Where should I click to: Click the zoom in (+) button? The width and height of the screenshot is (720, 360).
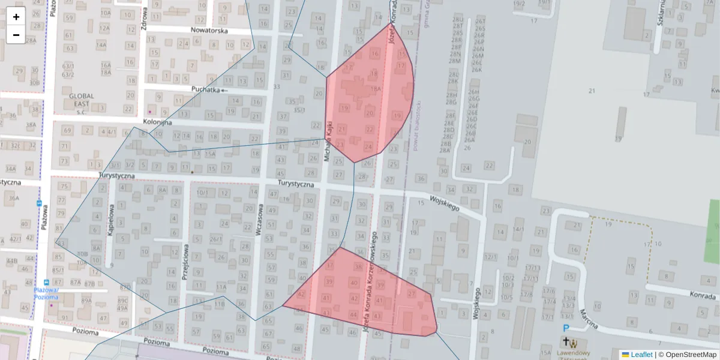(16, 17)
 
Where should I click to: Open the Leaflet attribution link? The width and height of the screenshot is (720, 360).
(641, 355)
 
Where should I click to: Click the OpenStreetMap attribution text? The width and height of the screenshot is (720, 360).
(690, 355)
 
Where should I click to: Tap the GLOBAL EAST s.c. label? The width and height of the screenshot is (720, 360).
(82, 100)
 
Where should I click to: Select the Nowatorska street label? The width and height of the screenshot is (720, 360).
(209, 30)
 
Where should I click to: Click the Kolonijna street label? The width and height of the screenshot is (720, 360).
(157, 122)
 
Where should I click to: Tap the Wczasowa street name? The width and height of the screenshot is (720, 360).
(260, 221)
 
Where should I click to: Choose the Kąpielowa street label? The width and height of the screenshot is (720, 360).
(110, 222)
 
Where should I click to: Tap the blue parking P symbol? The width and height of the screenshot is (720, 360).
(565, 328)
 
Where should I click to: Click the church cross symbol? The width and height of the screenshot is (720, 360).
(565, 342)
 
